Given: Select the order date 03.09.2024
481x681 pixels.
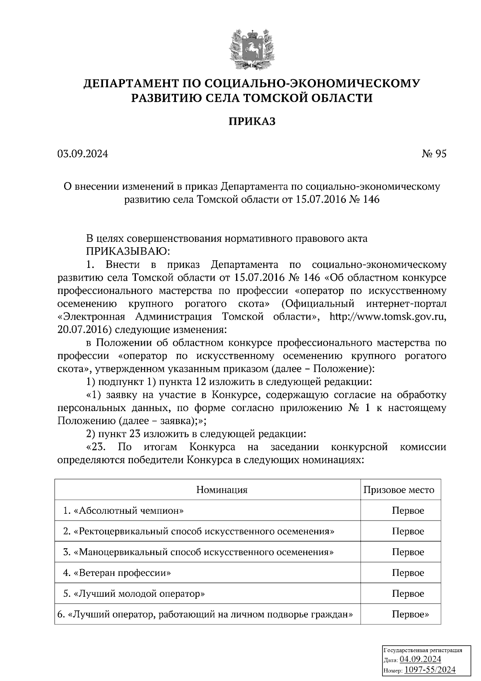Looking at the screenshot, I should (x=83, y=154).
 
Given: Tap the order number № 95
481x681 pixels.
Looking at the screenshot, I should (x=434, y=154).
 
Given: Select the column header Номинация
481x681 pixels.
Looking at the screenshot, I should (x=222, y=490).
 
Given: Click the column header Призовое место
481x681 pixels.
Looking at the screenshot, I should (x=398, y=490).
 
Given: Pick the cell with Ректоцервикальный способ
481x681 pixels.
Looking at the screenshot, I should (x=199, y=531).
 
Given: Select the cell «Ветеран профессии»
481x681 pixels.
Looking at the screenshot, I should (x=117, y=573).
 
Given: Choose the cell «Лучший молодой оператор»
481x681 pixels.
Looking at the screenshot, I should (x=134, y=594).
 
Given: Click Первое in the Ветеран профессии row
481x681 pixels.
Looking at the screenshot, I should (x=408, y=573).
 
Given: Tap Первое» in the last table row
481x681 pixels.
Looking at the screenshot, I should (x=410, y=614).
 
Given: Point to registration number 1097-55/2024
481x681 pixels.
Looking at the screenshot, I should (x=430, y=670).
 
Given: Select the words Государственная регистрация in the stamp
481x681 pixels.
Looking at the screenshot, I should (x=423, y=651).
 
